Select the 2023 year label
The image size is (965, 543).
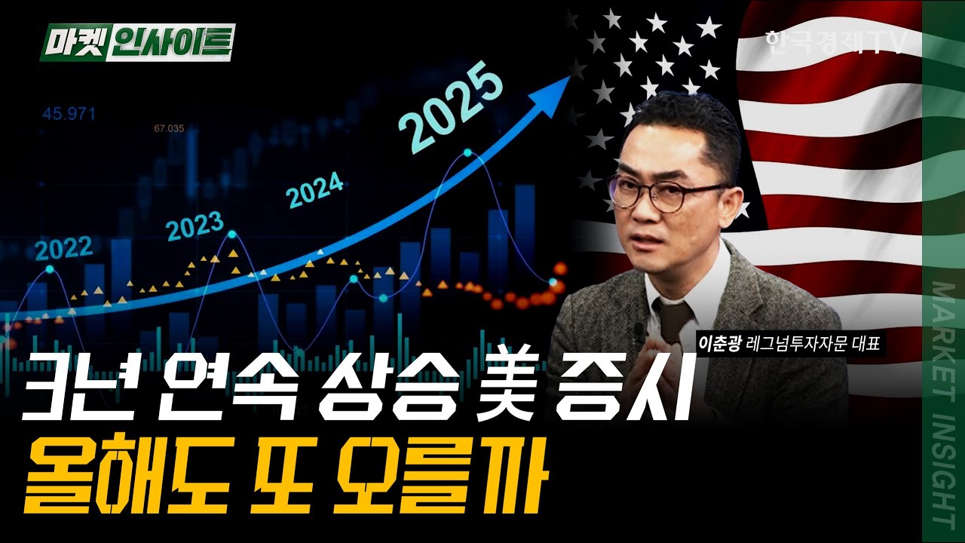click(x=195, y=225)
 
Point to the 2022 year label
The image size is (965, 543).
click(x=63, y=247)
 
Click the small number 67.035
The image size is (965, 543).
click(x=169, y=128)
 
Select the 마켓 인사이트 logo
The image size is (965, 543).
click(x=137, y=42)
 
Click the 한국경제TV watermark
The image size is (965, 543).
click(x=834, y=42)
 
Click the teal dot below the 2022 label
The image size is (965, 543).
click(x=50, y=268)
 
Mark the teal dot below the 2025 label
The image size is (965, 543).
click(x=467, y=153)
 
